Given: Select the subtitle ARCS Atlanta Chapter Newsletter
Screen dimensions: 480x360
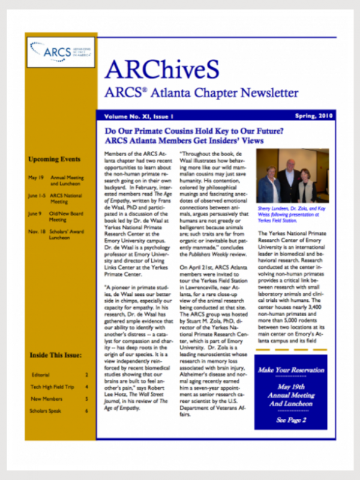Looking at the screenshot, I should point(201,93).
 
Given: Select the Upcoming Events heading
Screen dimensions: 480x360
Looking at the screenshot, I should point(54,160).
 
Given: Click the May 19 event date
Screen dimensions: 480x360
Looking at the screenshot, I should point(35,178).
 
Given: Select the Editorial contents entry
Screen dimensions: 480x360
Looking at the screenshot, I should point(41,374).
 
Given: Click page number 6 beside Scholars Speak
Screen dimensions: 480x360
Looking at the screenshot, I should point(87,411).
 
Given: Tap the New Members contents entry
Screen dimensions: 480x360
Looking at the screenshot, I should point(45,398).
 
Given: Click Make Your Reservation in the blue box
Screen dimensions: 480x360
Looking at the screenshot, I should point(290,370).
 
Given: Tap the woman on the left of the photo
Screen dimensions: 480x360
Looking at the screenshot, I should point(270,186).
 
